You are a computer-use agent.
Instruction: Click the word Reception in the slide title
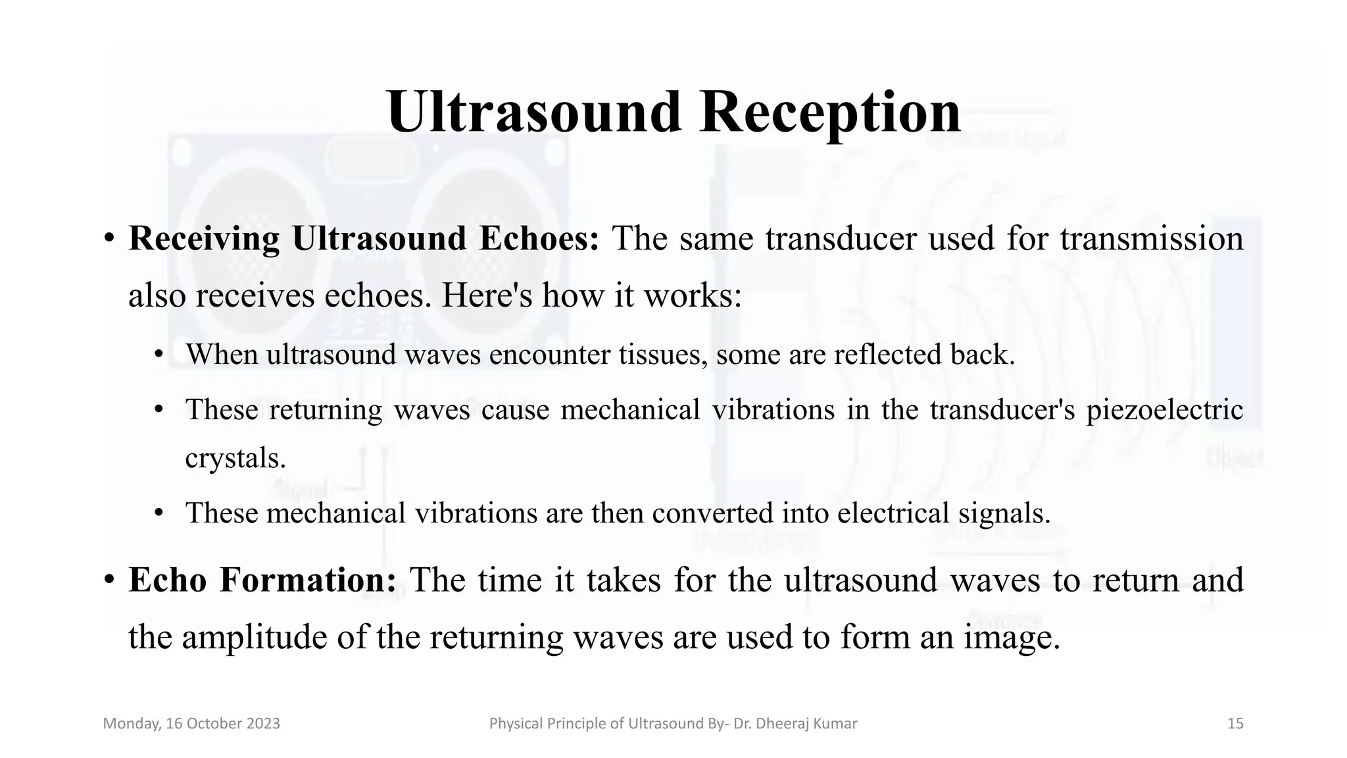pos(830,113)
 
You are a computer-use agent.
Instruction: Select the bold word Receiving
pos(204,238)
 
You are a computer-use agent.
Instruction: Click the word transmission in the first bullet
pos(1152,238)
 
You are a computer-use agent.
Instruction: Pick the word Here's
pos(487,295)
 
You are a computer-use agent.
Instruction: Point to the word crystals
pos(235,458)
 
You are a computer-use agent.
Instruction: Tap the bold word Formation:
pos(308,580)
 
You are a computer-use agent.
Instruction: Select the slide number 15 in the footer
pos(1235,724)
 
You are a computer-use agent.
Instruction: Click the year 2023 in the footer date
pos(263,724)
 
